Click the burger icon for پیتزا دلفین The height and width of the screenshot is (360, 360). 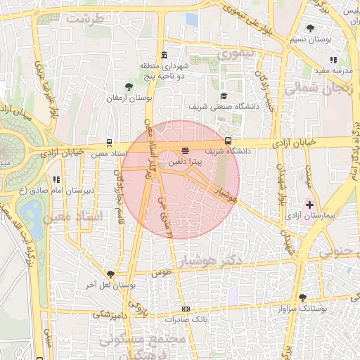pos(185,150)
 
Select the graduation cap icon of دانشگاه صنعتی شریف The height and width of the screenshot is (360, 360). pos(224,96)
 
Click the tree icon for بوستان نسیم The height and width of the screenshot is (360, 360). pos(310,29)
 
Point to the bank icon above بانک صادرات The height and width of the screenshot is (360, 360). pos(186,309)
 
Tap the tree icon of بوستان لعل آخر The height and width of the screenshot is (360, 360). pos(110,274)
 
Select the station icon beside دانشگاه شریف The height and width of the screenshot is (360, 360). pos(227,141)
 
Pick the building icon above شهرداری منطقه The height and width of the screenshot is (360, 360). pos(164,55)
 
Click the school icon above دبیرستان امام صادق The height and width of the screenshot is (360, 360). pos(56,179)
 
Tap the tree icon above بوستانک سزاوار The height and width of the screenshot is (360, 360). pos(302,298)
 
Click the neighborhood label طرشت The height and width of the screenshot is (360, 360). pos(85,18)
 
